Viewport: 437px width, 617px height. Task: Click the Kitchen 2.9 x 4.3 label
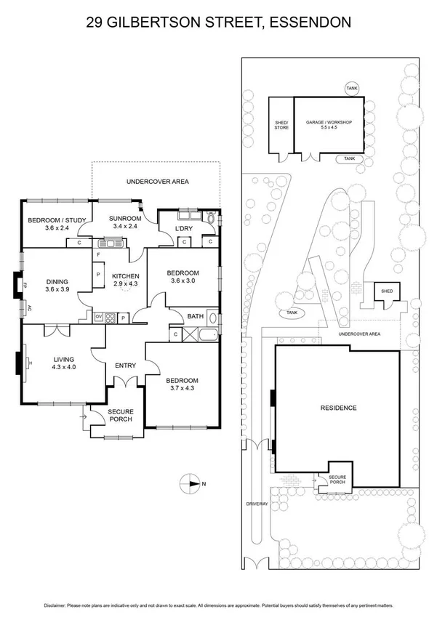(125, 281)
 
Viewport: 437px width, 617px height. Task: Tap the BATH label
(195, 316)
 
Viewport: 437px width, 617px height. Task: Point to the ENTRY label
(125, 365)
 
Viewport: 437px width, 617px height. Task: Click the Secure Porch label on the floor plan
(121, 415)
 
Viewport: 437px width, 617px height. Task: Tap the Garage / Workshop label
(329, 125)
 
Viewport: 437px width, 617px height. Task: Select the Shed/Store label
(281, 125)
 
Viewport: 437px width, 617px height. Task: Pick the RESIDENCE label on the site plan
(338, 408)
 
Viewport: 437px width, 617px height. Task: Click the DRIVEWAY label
(257, 503)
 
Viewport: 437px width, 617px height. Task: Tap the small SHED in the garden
(385, 291)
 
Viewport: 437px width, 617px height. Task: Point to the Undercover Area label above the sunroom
(157, 181)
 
